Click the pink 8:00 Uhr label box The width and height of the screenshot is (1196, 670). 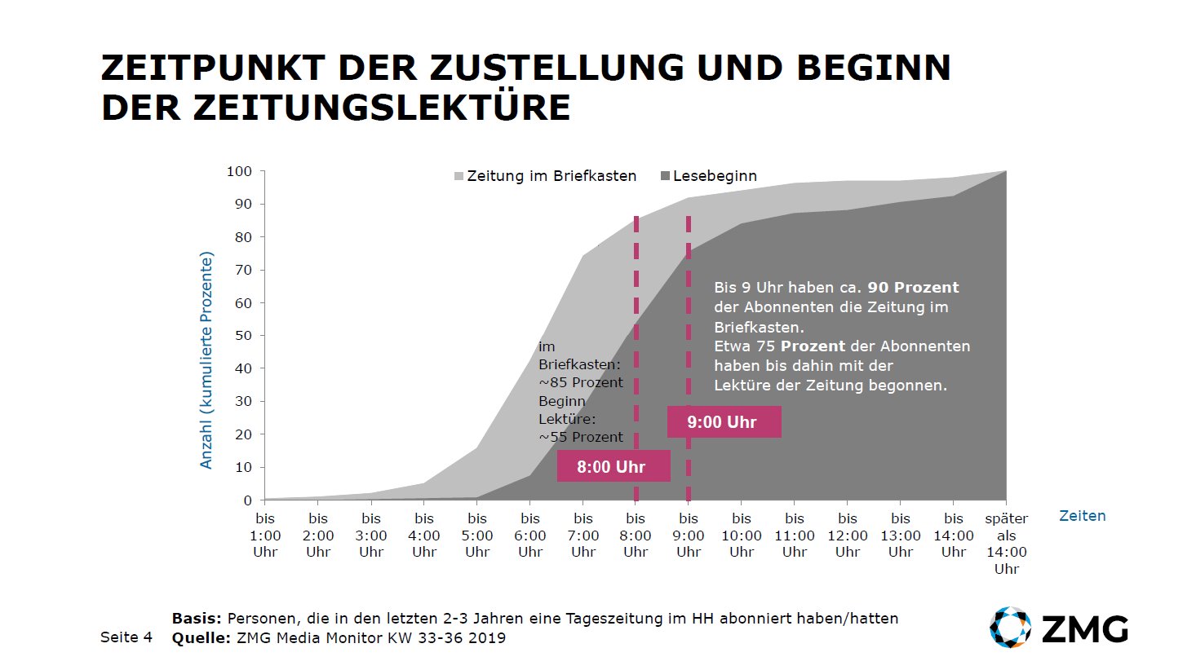pyautogui.click(x=613, y=466)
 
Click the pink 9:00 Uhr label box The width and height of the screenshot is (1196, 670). pyautogui.click(x=724, y=422)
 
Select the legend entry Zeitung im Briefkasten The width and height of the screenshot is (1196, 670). pyautogui.click(x=544, y=176)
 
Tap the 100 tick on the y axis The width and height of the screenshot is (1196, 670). pyautogui.click(x=239, y=171)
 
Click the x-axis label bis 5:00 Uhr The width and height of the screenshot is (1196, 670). pyautogui.click(x=477, y=535)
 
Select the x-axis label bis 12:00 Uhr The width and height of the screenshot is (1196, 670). pyautogui.click(x=848, y=535)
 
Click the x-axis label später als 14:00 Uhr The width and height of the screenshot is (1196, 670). pyautogui.click(x=1006, y=543)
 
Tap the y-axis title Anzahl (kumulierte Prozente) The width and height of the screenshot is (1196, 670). pyautogui.click(x=206, y=360)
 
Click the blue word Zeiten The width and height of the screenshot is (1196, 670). pyautogui.click(x=1082, y=516)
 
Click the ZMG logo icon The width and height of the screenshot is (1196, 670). pyautogui.click(x=1010, y=628)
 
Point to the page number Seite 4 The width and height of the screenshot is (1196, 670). pyautogui.click(x=126, y=637)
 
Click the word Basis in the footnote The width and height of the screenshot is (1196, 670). pyautogui.click(x=197, y=619)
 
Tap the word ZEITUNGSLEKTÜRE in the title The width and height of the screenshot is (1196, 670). pyautogui.click(x=382, y=108)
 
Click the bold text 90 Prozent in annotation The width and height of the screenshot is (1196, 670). pyautogui.click(x=913, y=288)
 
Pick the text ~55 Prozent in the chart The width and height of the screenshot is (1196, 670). pyautogui.click(x=580, y=437)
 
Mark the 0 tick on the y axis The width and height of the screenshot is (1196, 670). pyautogui.click(x=248, y=500)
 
